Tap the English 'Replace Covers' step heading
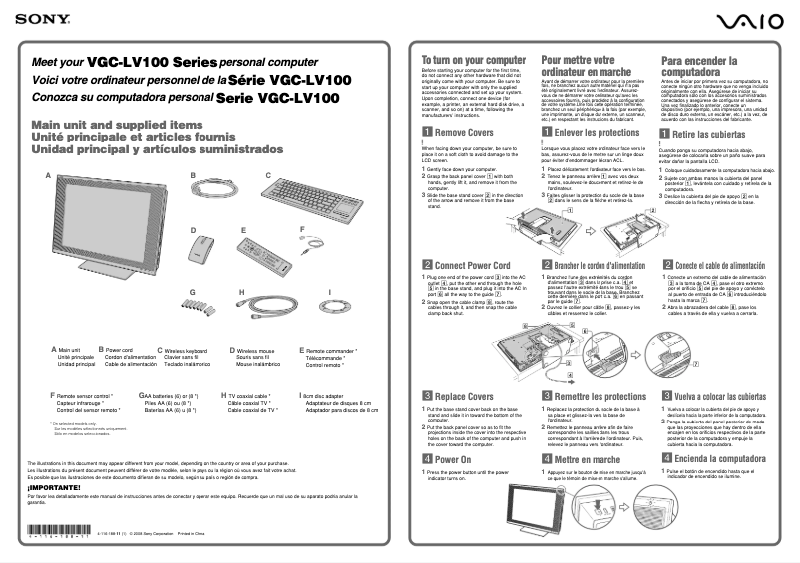464,394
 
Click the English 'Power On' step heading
453,458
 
